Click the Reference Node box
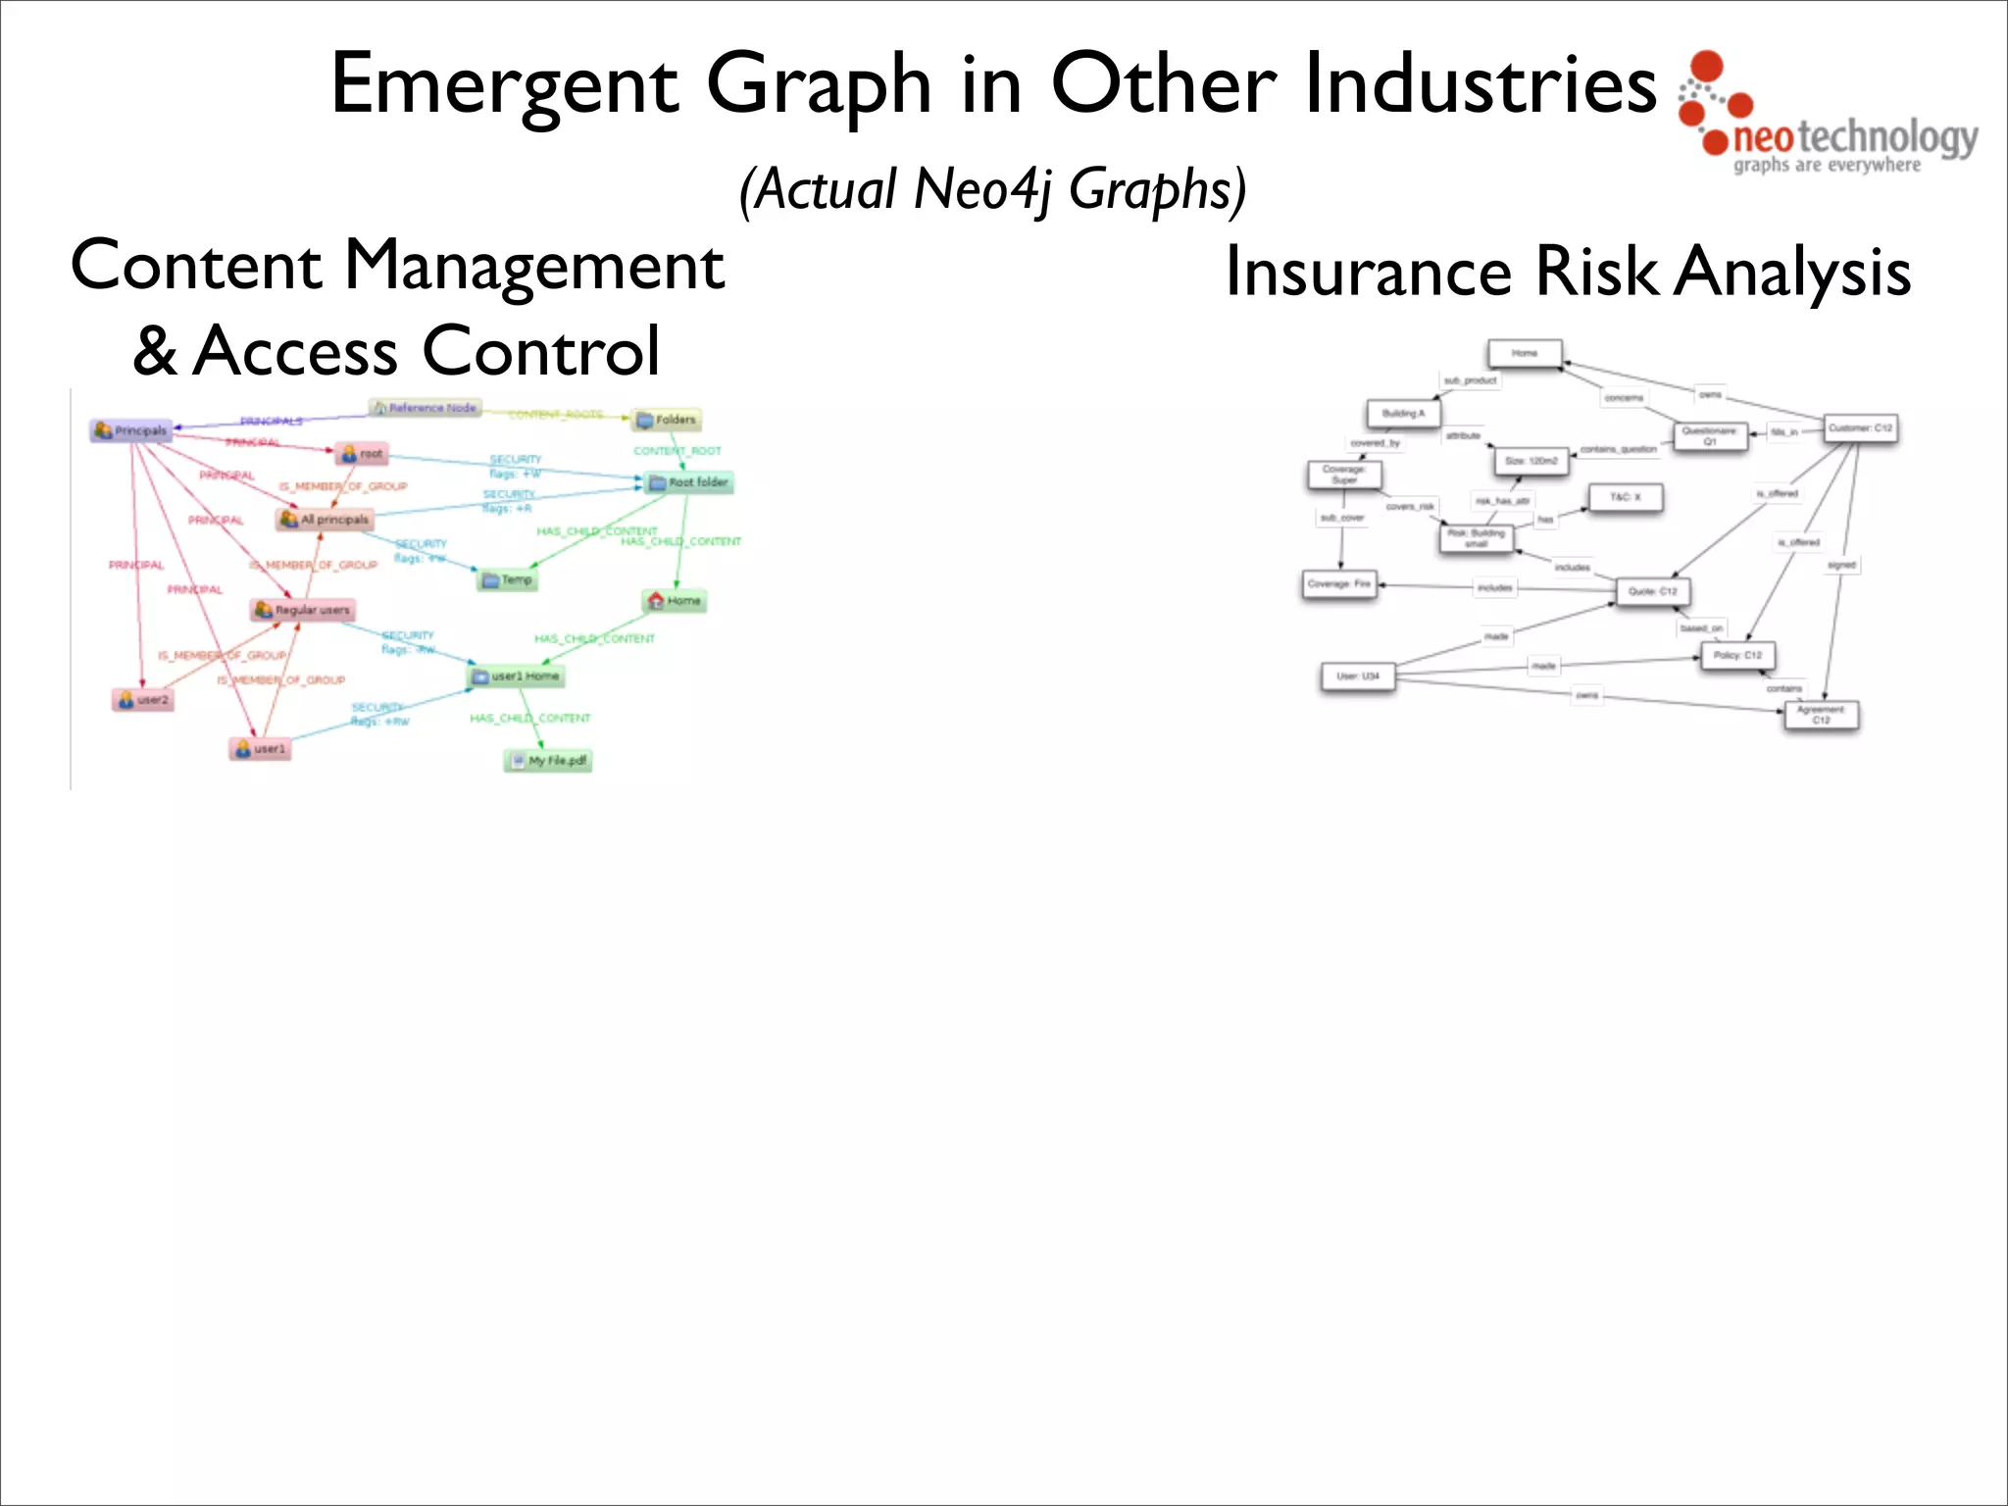425,408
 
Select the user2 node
143,700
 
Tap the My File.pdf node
548,761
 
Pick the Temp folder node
508,579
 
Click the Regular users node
302,610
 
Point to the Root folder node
688,482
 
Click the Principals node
130,430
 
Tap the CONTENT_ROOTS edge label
555,415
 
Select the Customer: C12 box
1860,428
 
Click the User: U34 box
1358,676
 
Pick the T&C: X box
1625,497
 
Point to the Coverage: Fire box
1339,584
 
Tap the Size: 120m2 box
1531,461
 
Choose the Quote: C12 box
1653,591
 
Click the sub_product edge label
1470,380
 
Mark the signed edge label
1841,565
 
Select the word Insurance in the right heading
1369,272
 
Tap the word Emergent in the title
504,85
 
